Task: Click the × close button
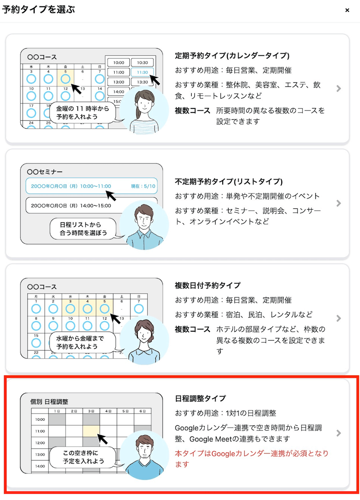[347, 10]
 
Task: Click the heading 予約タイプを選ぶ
[39, 9]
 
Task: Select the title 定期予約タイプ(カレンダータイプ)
[232, 55]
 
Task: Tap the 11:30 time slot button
[142, 72]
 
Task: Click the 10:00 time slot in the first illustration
[119, 63]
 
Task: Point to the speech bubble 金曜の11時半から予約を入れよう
[82, 113]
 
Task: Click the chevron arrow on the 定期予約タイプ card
[339, 88]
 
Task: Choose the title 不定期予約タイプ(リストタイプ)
[229, 181]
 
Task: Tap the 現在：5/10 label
[143, 186]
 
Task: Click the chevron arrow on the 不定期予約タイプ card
[339, 203]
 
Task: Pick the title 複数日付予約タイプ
[207, 285]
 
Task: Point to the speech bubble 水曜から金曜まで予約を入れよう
[82, 342]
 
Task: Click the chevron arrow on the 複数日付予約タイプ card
[339, 318]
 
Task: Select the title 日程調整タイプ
[200, 398]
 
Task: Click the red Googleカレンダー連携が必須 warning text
[252, 459]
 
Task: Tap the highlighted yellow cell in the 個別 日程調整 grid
[91, 431]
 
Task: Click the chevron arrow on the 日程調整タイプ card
[339, 433]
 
